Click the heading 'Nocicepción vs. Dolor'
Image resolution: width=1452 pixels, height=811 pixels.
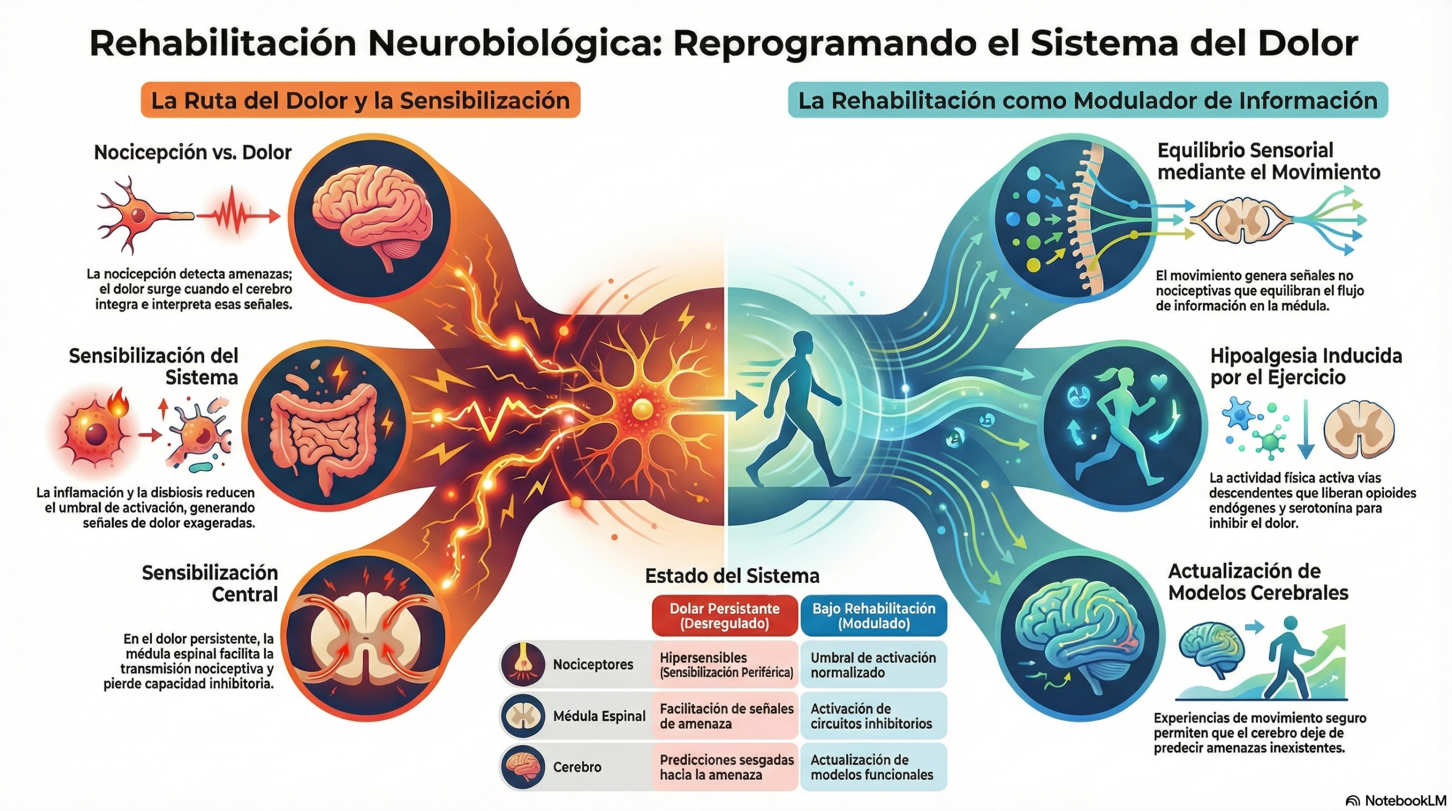(x=193, y=152)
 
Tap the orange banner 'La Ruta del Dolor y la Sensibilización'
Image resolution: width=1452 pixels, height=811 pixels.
(x=360, y=100)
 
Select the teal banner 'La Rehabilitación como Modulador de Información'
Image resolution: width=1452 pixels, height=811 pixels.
(x=1087, y=100)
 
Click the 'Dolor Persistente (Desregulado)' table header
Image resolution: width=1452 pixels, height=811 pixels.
(x=724, y=616)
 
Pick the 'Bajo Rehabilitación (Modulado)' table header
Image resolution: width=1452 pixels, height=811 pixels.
(x=873, y=616)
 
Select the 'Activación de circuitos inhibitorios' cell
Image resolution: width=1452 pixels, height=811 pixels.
(x=872, y=716)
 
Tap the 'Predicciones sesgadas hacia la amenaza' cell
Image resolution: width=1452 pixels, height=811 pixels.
(x=725, y=767)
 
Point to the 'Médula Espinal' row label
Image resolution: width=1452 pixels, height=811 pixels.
(x=599, y=716)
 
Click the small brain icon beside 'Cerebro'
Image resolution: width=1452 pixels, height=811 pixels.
(x=522, y=767)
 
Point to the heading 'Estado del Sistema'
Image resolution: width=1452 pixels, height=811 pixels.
(x=732, y=576)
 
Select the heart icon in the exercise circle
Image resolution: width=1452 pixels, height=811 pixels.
(x=1160, y=381)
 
